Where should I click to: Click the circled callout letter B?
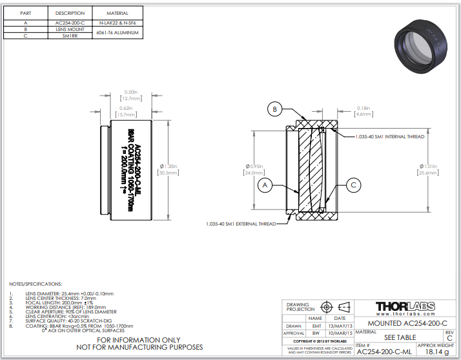click(274, 110)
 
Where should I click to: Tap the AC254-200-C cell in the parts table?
click(70, 23)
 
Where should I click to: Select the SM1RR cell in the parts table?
click(70, 36)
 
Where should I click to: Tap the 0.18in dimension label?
click(364, 108)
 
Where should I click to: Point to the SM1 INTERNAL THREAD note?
click(390, 137)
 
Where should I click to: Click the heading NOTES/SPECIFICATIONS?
click(36, 284)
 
